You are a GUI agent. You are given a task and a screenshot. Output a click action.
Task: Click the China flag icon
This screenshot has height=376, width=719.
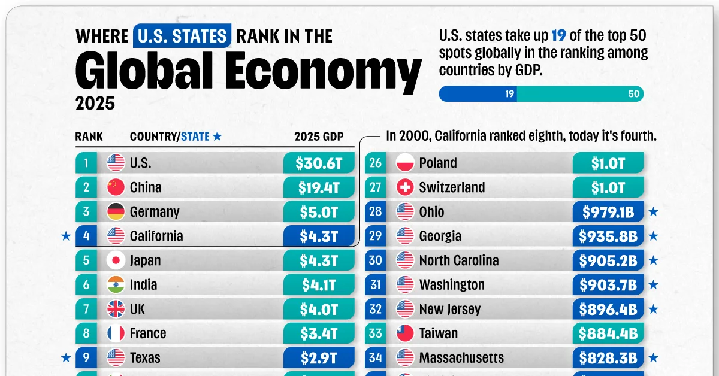tap(116, 187)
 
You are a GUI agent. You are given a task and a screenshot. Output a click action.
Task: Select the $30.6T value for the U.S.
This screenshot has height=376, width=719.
tap(319, 163)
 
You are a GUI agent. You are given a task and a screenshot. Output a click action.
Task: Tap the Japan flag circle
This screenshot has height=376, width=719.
tap(116, 260)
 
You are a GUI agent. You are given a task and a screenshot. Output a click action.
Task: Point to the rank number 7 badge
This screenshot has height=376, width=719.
tap(86, 310)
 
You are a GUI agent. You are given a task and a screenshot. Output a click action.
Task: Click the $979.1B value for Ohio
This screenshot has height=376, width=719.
tap(608, 212)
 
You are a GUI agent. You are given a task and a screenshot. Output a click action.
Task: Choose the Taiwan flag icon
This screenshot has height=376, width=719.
tap(406, 333)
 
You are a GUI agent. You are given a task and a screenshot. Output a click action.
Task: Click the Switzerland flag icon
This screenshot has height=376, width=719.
tap(406, 187)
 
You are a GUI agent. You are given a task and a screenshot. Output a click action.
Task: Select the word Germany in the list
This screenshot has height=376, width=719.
tap(155, 212)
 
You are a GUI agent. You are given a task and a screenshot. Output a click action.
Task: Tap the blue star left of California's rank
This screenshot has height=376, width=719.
tap(65, 236)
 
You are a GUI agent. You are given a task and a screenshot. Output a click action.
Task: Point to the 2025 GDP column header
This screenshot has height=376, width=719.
tap(319, 137)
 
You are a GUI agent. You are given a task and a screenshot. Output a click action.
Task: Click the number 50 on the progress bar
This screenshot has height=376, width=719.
tap(634, 94)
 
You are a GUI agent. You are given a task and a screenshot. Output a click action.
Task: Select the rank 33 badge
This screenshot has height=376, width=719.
tap(376, 333)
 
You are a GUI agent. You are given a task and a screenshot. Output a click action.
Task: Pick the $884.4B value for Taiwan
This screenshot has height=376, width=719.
tap(608, 333)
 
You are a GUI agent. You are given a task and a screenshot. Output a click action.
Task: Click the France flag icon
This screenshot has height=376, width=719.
tap(116, 333)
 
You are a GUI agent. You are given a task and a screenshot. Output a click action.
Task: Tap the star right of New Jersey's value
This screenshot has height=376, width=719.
tap(654, 310)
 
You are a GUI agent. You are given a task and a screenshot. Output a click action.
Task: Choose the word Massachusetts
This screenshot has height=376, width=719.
tap(461, 358)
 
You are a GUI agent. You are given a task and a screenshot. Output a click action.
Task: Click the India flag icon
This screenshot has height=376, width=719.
tap(116, 285)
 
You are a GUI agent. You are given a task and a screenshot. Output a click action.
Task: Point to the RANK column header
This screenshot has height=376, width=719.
tap(89, 137)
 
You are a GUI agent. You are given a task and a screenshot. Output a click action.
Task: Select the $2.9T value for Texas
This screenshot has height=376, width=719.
tap(319, 358)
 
